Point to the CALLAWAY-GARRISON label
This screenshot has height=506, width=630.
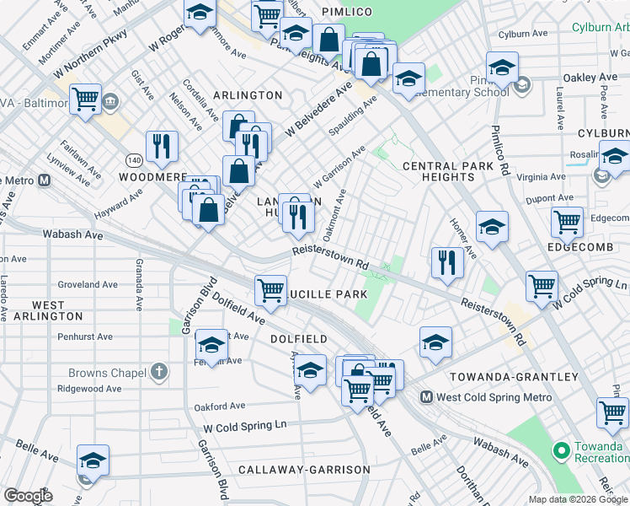(304, 469)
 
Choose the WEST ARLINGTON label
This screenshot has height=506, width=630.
(46, 310)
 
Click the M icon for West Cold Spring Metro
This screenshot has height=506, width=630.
(427, 397)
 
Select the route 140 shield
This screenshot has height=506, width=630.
(134, 159)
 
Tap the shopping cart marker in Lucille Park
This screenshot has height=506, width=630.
(270, 291)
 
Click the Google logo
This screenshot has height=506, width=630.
(28, 496)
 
